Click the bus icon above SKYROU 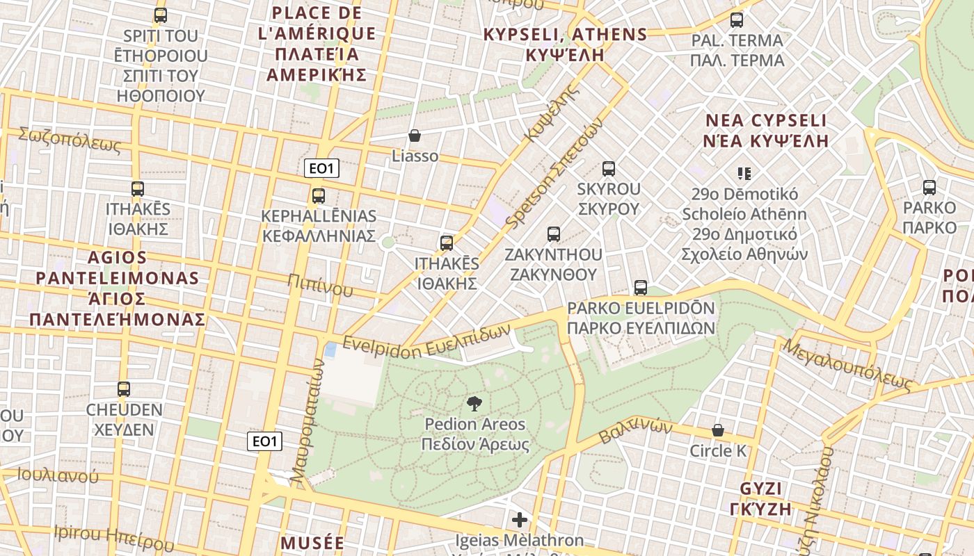pos(609,169)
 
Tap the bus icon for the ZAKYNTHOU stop pos(554,234)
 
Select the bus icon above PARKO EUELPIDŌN pos(641,288)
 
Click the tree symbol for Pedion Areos pos(474,404)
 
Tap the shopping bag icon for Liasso pos(415,136)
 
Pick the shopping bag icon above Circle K pos(718,431)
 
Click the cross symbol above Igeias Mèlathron pos(520,520)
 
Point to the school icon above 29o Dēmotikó pos(744,174)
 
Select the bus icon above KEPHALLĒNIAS pos(319,196)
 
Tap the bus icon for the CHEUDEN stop pos(124,389)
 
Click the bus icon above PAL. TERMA pos(737,20)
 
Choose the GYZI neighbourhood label pos(762,498)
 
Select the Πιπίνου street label pos(320,285)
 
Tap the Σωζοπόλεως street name pos(70,140)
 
